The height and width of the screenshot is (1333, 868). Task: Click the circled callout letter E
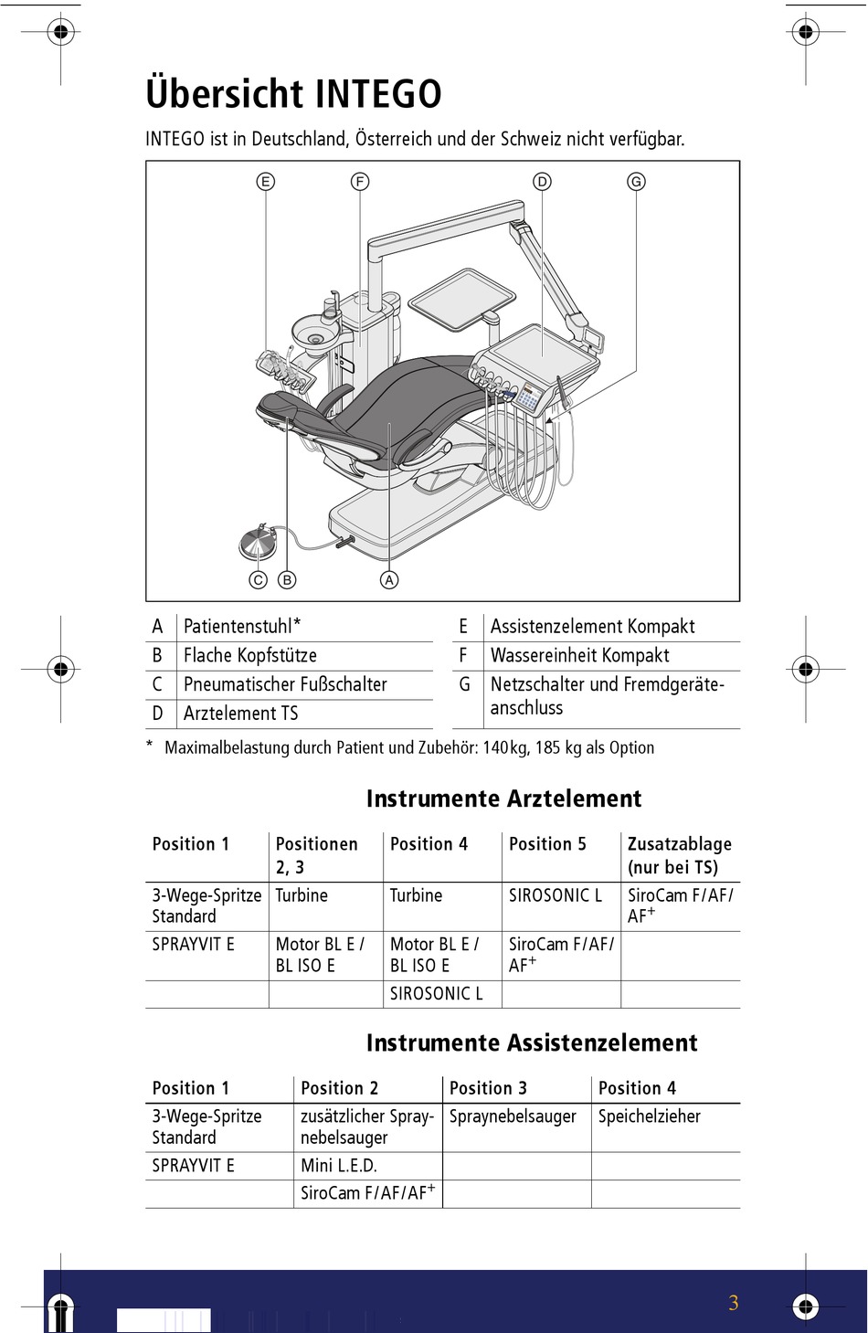point(266,182)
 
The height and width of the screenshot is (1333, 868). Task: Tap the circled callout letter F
point(360,182)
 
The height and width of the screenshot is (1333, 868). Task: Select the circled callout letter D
point(543,182)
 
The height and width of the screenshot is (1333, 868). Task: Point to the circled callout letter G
point(637,182)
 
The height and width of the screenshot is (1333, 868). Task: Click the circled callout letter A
point(389,580)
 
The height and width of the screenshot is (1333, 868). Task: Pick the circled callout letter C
point(259,580)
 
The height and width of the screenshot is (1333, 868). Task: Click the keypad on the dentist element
point(529,397)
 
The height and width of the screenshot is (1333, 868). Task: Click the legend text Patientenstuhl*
point(242,627)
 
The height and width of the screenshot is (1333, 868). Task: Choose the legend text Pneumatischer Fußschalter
point(285,684)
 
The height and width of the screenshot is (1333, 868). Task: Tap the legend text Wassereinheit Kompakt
point(579,656)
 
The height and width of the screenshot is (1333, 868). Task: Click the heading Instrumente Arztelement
point(503,799)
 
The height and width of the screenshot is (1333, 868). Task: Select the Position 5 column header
point(547,844)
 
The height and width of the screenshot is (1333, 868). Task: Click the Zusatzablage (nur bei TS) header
point(679,855)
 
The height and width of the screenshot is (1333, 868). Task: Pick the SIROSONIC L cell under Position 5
point(556,896)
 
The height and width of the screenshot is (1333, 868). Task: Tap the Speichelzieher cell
point(650,1116)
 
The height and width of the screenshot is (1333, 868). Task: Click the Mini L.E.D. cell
point(339,1166)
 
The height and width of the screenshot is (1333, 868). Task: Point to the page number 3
point(733,1304)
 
